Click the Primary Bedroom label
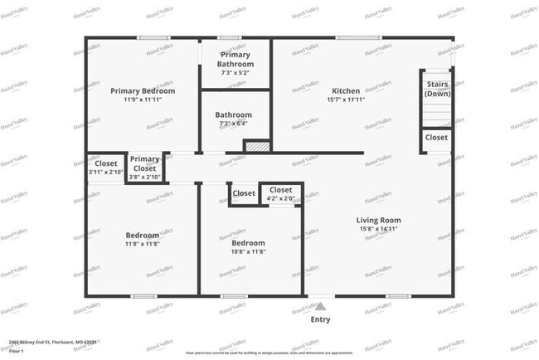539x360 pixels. tap(143, 91)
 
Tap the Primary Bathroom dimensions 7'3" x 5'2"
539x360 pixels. tap(235, 73)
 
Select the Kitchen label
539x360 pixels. tap(347, 91)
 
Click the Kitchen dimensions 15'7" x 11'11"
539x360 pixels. tap(347, 100)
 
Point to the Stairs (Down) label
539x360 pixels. tap(437, 89)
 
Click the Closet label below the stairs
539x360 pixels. tap(436, 138)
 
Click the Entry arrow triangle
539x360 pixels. tap(320, 305)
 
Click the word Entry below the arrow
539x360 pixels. tap(320, 319)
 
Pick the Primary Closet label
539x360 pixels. tap(144, 163)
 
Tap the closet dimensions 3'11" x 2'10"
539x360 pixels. tap(105, 173)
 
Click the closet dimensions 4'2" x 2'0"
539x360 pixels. tap(280, 199)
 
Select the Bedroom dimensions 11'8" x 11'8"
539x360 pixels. tap(143, 244)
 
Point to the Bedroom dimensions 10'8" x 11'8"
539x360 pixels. tap(247, 252)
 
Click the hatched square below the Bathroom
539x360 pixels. tap(256, 146)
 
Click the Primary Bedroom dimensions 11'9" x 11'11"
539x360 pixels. tap(143, 100)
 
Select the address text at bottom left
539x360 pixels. tap(53, 341)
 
